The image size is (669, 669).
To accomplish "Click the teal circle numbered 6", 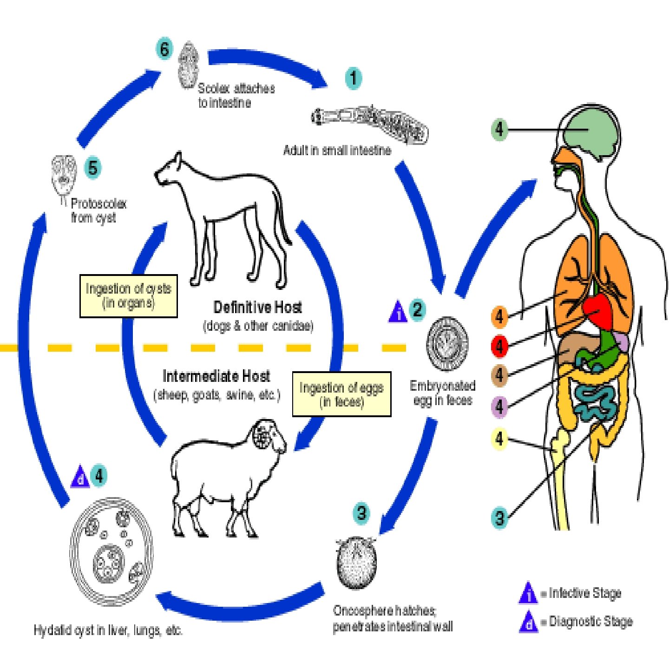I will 164,49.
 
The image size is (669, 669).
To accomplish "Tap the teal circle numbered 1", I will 354,78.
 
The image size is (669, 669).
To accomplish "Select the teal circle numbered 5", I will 93,168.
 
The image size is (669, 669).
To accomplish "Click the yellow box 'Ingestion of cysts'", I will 129,296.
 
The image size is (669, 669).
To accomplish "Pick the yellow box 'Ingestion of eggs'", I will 341,394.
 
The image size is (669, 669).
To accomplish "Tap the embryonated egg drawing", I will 447,344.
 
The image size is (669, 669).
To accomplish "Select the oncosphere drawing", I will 356,562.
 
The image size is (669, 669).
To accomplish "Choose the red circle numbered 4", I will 499,346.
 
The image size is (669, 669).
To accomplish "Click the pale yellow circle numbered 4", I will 499,439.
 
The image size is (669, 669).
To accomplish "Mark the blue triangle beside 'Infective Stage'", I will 528,593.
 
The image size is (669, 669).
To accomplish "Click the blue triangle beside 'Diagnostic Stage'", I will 528,622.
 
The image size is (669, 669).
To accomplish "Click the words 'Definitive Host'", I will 257,307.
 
